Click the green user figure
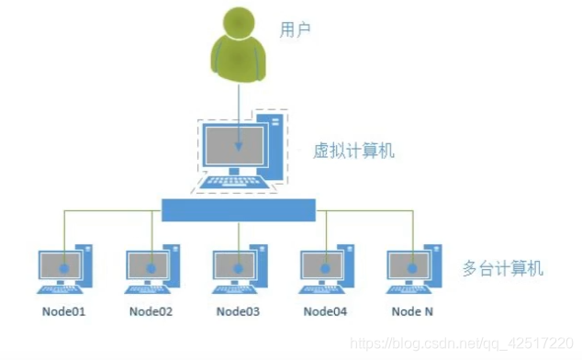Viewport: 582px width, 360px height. coord(239,45)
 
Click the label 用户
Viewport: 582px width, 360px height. coord(295,29)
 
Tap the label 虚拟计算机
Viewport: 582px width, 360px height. coord(354,151)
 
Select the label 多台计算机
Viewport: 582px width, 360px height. coord(504,269)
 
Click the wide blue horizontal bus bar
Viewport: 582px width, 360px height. coord(239,210)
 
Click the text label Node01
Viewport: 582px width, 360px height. coord(64,311)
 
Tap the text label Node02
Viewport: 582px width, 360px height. coord(151,311)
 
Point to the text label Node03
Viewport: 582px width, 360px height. coord(238,311)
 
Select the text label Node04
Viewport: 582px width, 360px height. coord(325,311)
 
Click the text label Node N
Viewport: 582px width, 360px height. coord(412,311)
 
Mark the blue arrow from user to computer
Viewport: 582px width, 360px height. coord(239,110)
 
